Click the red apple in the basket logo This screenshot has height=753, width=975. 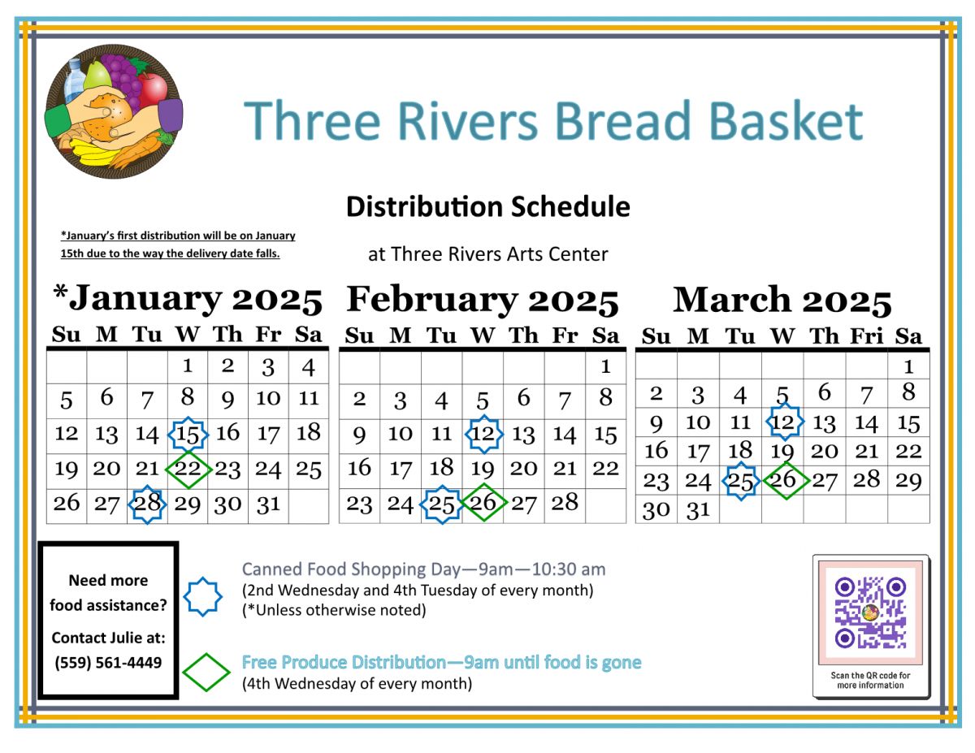coord(153,89)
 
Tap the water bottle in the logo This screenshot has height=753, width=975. coord(75,80)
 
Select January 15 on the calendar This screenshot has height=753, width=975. coord(188,434)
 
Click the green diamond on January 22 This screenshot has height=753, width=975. coord(188,470)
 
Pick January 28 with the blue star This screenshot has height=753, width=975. coord(147,504)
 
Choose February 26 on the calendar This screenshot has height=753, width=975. coord(483,502)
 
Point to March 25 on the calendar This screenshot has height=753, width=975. coord(740,481)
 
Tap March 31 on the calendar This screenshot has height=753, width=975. coord(698,510)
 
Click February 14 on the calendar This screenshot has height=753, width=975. coord(565,434)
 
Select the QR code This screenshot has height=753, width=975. coord(870,612)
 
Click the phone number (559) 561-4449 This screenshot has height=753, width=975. coord(108,663)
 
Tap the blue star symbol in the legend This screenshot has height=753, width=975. coord(203,596)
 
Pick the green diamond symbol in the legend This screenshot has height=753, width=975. coord(206,673)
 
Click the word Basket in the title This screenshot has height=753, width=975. coord(786,121)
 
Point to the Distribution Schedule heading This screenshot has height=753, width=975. coord(488,207)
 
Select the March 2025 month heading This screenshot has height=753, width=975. coord(782,300)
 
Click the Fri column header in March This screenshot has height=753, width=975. coord(867,336)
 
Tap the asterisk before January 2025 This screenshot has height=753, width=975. coord(61,292)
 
